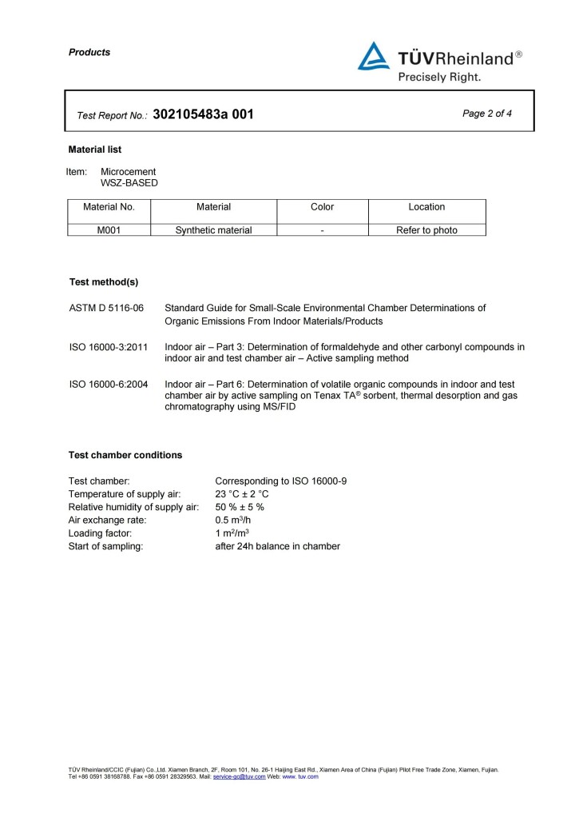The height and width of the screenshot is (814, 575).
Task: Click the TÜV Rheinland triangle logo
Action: [374, 57]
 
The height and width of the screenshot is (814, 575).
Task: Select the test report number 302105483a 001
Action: [203, 114]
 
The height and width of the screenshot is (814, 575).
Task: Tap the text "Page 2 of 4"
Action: [487, 114]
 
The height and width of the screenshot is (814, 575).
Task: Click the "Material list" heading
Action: [95, 150]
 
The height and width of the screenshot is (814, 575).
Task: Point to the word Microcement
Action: [129, 172]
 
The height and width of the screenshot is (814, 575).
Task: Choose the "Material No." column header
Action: [109, 207]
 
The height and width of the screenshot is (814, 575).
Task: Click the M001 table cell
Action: [109, 230]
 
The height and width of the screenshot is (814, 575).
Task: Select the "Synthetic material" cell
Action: [213, 230]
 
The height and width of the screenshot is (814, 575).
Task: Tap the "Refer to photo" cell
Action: [426, 230]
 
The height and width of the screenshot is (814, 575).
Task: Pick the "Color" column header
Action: [322, 207]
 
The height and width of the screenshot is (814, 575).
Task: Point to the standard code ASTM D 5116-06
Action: [106, 308]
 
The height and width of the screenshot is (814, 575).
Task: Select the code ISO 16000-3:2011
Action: [109, 347]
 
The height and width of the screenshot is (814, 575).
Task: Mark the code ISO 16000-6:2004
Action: [109, 385]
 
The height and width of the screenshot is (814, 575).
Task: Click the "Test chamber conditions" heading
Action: [125, 455]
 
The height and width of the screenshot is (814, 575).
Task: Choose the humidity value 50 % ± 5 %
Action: [240, 507]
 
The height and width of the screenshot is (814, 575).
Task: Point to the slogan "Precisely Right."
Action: [439, 78]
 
